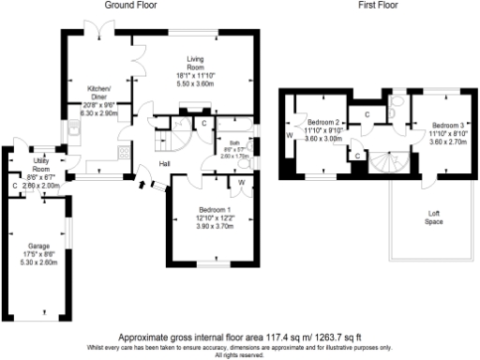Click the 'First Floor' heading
click(380, 6)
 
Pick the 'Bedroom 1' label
click(215, 208)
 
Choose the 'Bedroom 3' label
click(448, 125)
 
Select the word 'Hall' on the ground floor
click(163, 164)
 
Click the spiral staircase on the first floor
click(383, 163)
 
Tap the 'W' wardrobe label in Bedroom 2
click(289, 134)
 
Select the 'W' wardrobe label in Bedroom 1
click(240, 182)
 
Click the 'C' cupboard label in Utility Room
click(14, 186)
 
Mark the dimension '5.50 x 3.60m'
click(196, 82)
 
